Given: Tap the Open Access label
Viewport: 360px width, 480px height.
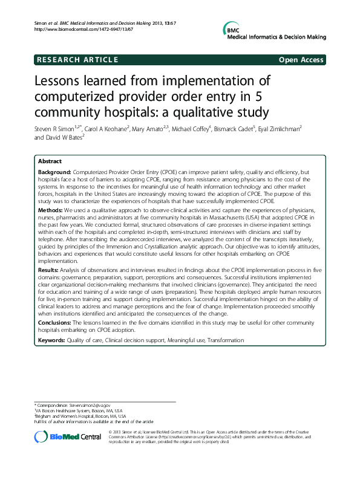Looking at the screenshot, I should click(x=301, y=59).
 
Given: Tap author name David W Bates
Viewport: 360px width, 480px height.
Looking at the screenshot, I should click(x=64, y=138).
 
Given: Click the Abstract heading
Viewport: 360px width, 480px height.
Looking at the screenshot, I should click(x=50, y=163).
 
